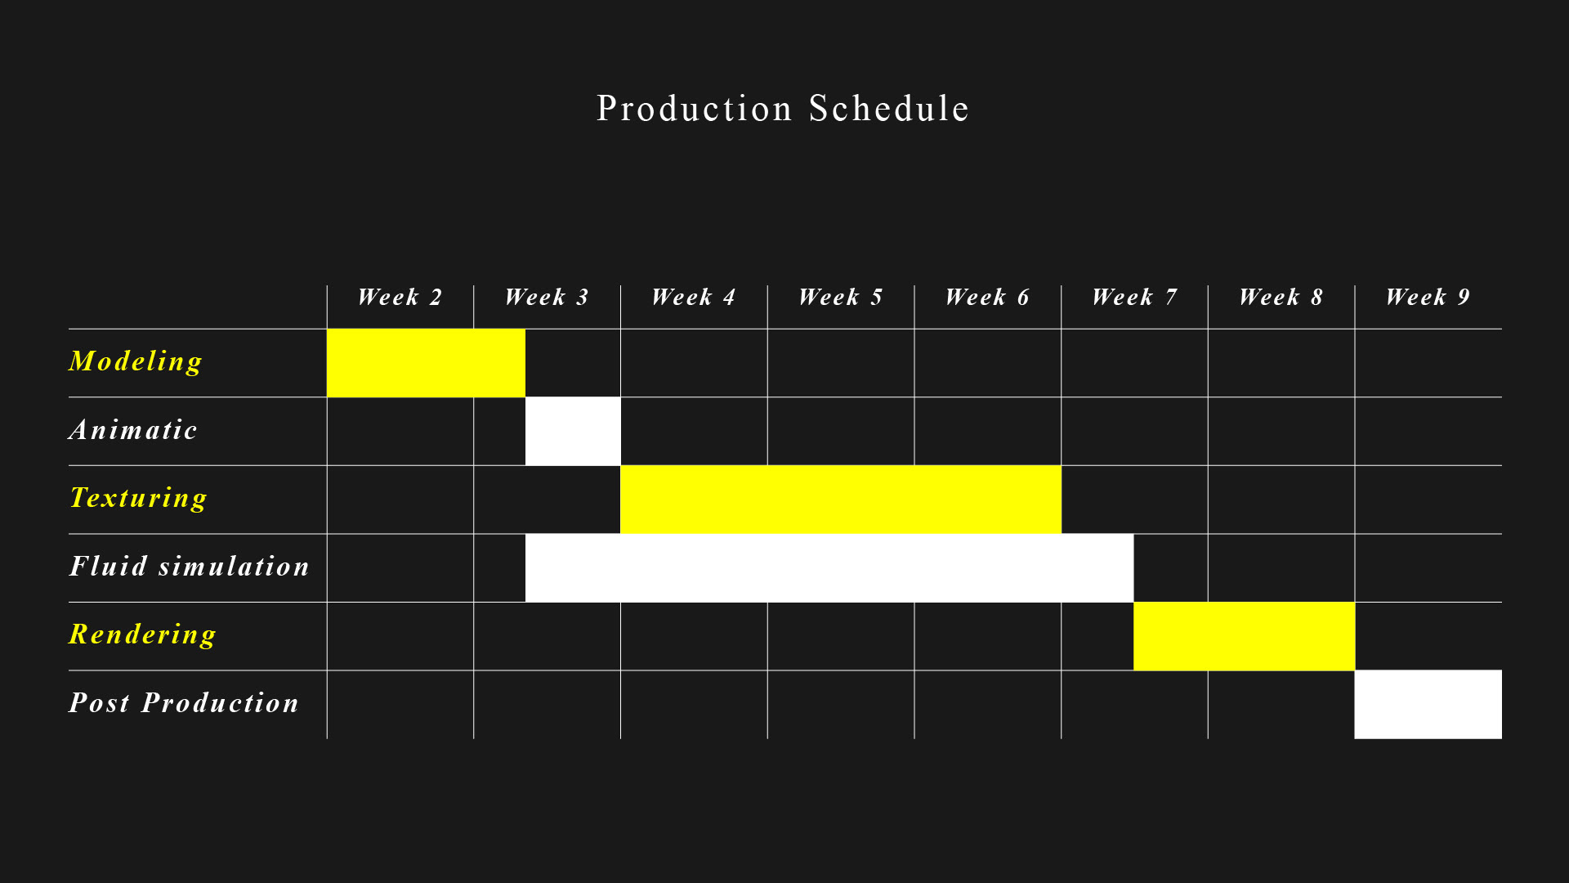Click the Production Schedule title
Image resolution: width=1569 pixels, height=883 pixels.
pos(783,109)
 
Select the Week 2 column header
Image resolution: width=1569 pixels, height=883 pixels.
pos(400,297)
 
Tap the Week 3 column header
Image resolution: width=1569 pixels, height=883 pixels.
pos(547,297)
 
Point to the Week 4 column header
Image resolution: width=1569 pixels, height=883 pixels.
pos(694,297)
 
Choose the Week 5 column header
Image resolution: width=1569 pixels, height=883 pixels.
pos(841,297)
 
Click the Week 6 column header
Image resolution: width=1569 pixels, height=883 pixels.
pos(987,297)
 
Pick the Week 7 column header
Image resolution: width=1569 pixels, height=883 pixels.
pos(1134,297)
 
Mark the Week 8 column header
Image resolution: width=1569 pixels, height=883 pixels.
pos(1281,297)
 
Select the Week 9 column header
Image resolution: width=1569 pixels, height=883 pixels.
pos(1428,297)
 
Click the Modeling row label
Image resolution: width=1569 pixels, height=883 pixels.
pos(136,361)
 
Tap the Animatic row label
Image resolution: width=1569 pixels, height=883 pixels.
pos(133,429)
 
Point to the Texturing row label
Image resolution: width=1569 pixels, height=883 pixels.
pos(138,498)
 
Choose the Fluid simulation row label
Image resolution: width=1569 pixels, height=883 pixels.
pos(189,566)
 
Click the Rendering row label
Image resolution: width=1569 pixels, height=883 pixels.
pos(142,634)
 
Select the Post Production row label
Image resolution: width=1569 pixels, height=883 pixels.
pos(184,702)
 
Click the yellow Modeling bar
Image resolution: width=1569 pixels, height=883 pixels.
pos(426,363)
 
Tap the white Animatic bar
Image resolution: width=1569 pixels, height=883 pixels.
pos(573,432)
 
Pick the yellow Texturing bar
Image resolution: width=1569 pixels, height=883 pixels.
pos(841,500)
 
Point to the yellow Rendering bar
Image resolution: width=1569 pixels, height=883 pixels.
pos(1244,636)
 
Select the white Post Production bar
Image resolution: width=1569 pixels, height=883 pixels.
pos(1428,705)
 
